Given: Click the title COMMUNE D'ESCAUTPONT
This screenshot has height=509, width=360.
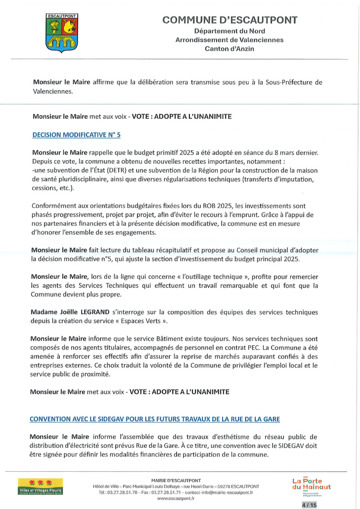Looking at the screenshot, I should [230, 20].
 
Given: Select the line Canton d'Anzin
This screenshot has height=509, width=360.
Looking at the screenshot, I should [229, 49].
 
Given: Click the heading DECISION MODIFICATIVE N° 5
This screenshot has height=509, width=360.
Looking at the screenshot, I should [77, 135].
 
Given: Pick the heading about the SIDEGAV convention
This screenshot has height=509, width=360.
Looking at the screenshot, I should [155, 419].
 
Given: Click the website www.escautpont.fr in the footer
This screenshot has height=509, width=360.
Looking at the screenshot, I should [176, 498].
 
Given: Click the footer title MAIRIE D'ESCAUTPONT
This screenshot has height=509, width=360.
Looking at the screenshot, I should [176, 480].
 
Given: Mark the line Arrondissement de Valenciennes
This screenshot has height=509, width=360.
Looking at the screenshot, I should [229, 40].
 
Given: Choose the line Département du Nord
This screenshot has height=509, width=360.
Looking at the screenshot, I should [229, 31].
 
